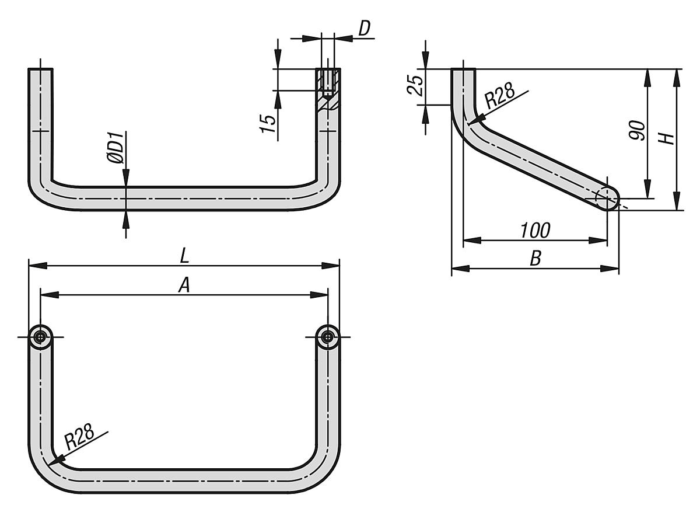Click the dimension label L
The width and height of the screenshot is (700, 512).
tap(184, 256)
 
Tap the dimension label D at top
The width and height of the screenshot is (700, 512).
tap(365, 29)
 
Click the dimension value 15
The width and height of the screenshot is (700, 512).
tap(268, 123)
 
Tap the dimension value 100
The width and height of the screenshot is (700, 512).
tap(535, 231)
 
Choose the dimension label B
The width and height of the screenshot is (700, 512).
tap(535, 259)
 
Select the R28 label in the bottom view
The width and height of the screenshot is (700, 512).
tap(79, 437)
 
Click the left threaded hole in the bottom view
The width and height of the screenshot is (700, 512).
tap(40, 337)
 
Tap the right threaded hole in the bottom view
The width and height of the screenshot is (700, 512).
tap(328, 337)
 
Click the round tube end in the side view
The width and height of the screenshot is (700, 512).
tap(607, 198)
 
